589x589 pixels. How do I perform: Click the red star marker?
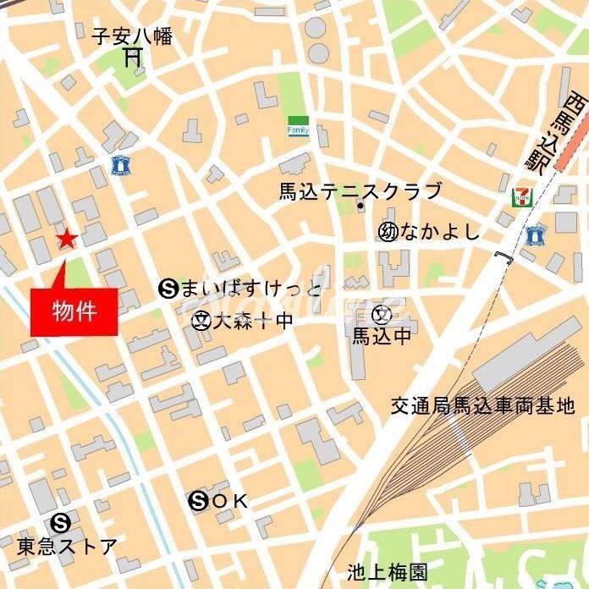67,239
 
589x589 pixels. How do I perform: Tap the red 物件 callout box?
74,311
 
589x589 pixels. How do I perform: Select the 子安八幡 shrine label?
132,36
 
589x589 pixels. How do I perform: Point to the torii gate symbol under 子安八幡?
133,58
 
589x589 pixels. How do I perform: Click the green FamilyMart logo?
298,127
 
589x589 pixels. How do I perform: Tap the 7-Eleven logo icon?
520,197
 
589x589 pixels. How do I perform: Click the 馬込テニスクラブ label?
361,190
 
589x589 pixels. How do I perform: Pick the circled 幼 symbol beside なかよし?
388,232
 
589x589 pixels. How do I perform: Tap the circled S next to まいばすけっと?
167,289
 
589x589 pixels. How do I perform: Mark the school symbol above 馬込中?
383,317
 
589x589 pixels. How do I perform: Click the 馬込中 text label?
383,337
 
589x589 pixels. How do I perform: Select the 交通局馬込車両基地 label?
483,407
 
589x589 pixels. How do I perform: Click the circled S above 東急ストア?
59,522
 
